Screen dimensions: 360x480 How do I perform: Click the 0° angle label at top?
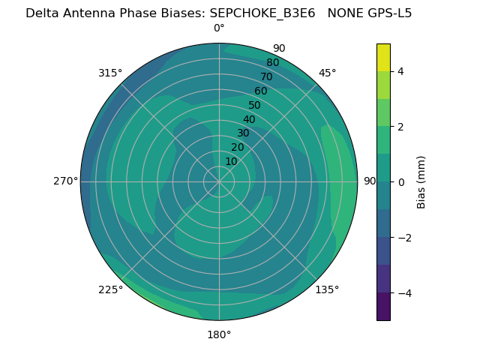pyautogui.click(x=219, y=28)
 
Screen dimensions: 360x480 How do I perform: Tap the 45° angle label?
pyautogui.click(x=327, y=73)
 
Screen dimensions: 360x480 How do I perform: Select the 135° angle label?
pyautogui.click(x=327, y=289)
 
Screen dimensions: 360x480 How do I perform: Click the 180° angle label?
pyautogui.click(x=219, y=334)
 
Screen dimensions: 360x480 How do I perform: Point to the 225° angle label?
pyautogui.click(x=110, y=289)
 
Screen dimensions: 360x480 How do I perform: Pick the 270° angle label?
pyautogui.click(x=65, y=181)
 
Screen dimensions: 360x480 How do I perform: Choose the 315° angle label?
pyautogui.click(x=110, y=73)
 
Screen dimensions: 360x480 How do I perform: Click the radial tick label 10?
pyautogui.click(x=231, y=161)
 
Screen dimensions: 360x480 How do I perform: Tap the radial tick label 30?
pyautogui.click(x=243, y=133)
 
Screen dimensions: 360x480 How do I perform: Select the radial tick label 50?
pyautogui.click(x=254, y=106)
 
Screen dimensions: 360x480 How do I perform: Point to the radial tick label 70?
pyautogui.click(x=266, y=76)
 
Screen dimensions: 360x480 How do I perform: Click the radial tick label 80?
pyautogui.click(x=272, y=63)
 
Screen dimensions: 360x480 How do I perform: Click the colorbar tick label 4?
pyautogui.click(x=400, y=71)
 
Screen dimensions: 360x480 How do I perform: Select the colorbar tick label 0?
pyautogui.click(x=400, y=181)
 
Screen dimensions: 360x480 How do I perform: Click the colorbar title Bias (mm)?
pyautogui.click(x=421, y=181)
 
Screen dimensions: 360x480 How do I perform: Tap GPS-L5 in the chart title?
pyautogui.click(x=386, y=13)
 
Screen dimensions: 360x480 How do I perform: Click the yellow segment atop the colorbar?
pyautogui.click(x=383, y=57)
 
